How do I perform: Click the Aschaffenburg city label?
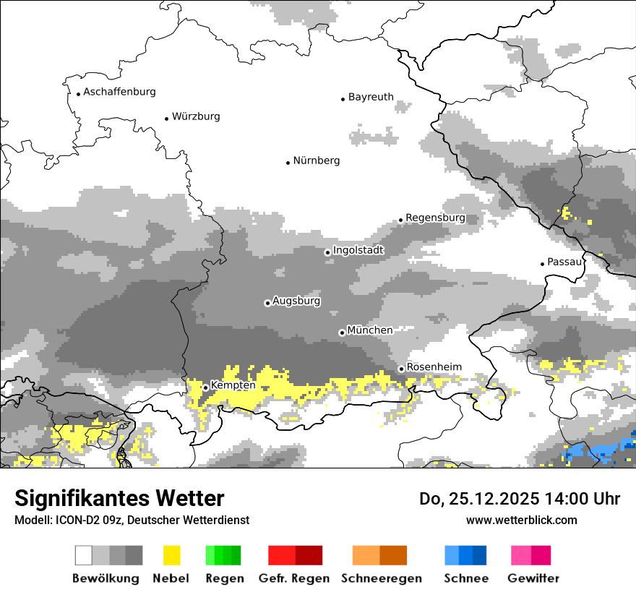tap(119, 92)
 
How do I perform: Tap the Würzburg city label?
tap(196, 116)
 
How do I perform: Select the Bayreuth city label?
tap(371, 97)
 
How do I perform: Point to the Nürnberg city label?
tap(316, 160)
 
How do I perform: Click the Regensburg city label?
tap(435, 218)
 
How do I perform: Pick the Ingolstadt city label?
tap(358, 250)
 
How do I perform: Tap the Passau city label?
tap(564, 262)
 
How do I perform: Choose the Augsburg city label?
tap(296, 301)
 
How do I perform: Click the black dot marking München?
tap(342, 333)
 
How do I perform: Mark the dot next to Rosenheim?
tap(401, 369)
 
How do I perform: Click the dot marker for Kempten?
tap(205, 387)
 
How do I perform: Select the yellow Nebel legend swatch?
tap(172, 555)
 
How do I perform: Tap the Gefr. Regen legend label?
tap(294, 578)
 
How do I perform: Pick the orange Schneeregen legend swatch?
tap(379, 555)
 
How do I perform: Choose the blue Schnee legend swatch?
tap(465, 555)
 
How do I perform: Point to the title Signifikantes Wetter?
tap(119, 498)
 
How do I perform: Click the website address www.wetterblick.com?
tap(521, 520)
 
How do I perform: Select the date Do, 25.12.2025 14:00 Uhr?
tap(519, 499)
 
